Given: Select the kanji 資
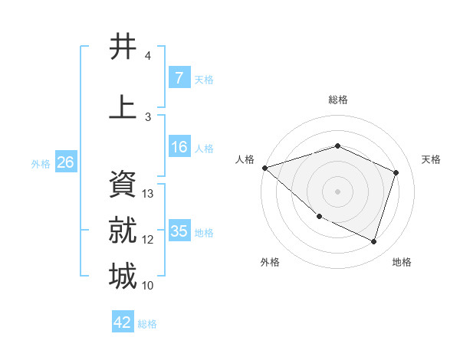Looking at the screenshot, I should pos(123,184).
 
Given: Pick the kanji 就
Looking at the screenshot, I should pos(123,230).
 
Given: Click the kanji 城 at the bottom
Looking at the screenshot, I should pos(123,276).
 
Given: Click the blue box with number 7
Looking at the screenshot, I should pos(179,78).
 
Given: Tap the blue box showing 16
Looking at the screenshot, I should pos(179,147).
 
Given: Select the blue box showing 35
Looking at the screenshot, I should pos(179,231).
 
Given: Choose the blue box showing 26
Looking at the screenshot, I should pos(65,162).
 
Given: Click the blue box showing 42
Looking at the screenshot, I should pos(123,322).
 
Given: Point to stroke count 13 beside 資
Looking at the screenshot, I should pos(148,194).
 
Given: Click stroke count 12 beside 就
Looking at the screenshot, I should pos(148,240).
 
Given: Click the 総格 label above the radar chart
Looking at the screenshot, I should pos(337,100).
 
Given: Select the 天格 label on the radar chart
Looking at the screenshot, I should pos(431,159).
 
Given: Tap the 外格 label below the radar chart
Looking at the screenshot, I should pos(270,262).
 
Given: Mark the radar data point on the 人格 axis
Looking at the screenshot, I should pos(264,168).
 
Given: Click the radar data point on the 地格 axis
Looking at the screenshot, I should pos(373,241).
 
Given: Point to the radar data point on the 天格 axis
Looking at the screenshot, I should pos(396,172).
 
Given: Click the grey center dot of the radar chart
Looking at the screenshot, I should pos(337,191).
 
